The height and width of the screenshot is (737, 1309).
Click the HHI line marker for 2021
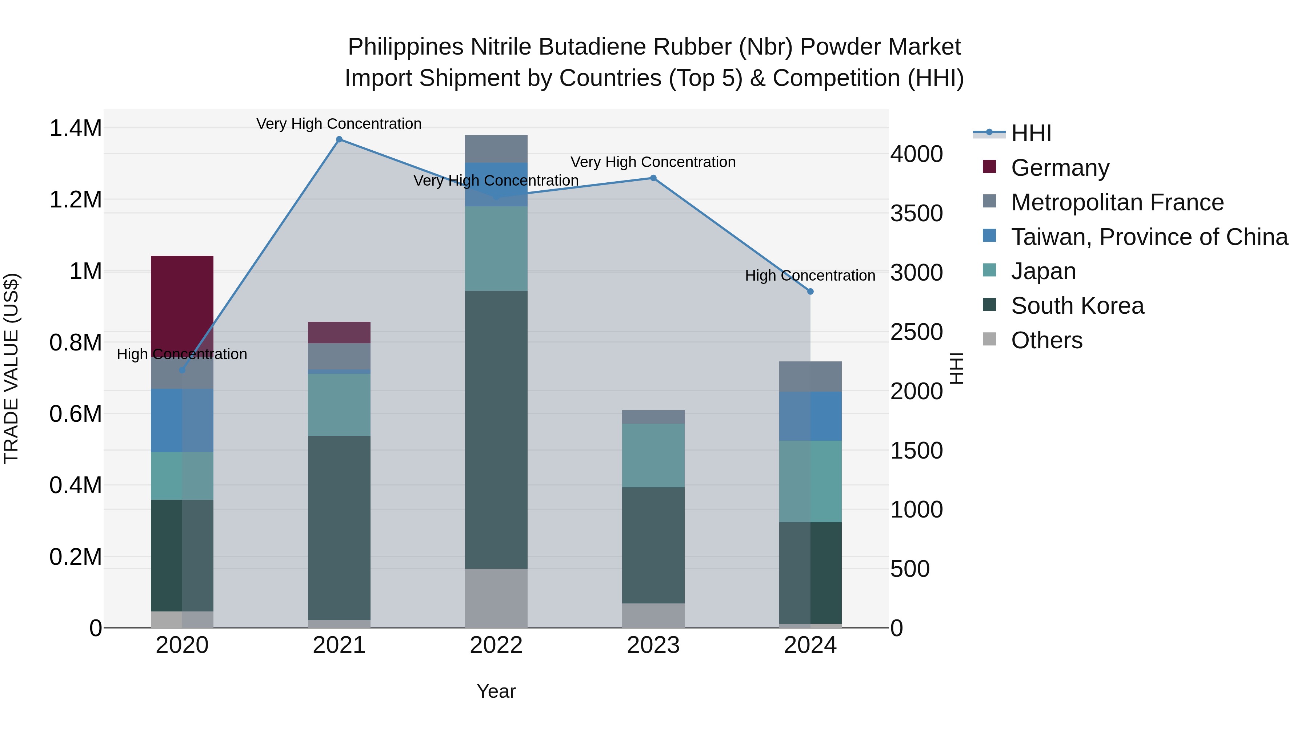[339, 139]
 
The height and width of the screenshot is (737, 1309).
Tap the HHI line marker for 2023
[653, 178]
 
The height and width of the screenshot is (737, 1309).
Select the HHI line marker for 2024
[810, 292]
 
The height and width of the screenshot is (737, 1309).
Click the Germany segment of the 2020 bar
[182, 300]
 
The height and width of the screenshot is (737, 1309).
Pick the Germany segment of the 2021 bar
[339, 333]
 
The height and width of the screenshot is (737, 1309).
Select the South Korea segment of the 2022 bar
[496, 430]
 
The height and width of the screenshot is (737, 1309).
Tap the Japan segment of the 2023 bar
[653, 455]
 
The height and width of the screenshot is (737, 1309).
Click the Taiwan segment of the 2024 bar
[810, 416]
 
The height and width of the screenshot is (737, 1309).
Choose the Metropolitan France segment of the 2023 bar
[653, 417]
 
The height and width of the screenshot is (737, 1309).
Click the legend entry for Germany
[1060, 168]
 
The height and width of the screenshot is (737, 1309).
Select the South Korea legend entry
[1077, 306]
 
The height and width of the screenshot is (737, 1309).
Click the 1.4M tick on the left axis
[75, 128]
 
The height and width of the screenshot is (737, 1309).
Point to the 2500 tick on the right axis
[916, 332]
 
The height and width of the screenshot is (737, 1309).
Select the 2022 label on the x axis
[496, 645]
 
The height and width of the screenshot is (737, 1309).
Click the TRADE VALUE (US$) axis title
[11, 368]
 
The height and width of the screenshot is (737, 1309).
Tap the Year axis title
[496, 691]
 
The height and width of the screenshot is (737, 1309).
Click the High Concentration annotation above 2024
[810, 276]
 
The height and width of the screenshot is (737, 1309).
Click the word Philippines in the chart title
[405, 47]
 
